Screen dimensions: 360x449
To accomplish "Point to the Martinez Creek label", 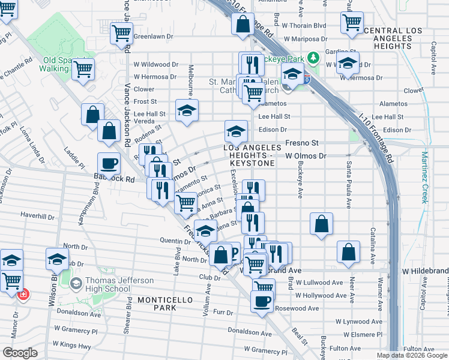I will (x=424, y=178).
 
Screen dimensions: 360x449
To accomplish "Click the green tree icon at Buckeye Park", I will (x=312, y=58).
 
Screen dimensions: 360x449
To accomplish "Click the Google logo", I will (x=20, y=352).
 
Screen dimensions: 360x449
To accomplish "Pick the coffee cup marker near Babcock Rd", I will (x=109, y=163).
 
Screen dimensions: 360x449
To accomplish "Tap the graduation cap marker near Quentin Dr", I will (x=205, y=230).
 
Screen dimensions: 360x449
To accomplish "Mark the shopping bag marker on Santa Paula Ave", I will (x=348, y=252).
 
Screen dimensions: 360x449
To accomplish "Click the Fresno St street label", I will (x=301, y=143).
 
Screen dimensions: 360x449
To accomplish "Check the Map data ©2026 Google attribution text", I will (x=412, y=355).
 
